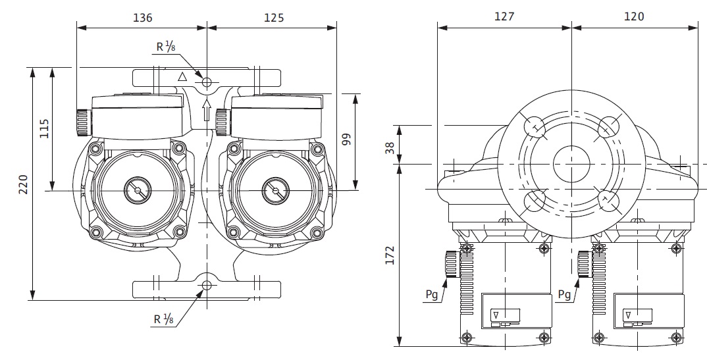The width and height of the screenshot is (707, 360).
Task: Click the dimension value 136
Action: coord(142,18)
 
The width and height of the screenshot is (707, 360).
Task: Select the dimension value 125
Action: coord(273,18)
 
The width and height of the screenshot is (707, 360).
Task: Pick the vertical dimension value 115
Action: coord(43,128)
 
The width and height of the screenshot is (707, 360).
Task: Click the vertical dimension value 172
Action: coord(390,257)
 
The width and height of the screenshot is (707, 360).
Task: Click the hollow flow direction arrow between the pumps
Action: coord(207,110)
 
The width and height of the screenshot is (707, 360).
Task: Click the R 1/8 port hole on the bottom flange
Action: coord(207,286)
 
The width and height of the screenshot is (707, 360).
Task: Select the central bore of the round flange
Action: coord(571,163)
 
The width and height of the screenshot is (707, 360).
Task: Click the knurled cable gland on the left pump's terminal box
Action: coord(82,122)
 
